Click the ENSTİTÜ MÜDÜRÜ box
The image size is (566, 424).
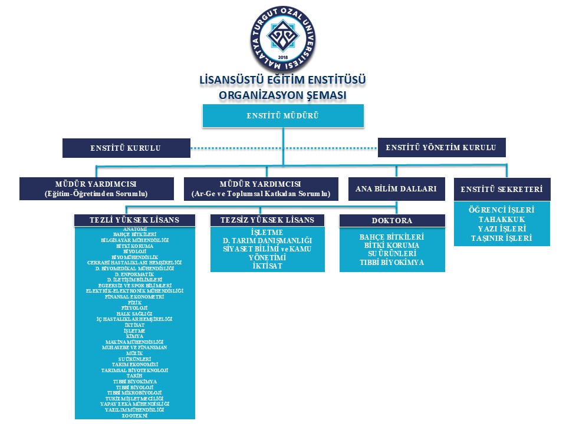click(283, 115)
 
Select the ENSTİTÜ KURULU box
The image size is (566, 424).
click(126, 148)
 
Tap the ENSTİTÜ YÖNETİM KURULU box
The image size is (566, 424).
click(441, 147)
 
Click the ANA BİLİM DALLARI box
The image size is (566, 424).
click(396, 189)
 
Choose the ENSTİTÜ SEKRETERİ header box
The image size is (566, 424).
click(502, 190)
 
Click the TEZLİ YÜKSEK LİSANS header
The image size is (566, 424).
click(134, 220)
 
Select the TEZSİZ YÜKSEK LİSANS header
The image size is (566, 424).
click(267, 220)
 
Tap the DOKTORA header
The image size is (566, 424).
click(391, 220)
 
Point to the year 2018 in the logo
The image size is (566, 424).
click(282, 58)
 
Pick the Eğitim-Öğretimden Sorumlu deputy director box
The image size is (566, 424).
click(97, 188)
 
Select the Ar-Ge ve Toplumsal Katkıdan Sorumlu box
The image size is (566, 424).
click(261, 188)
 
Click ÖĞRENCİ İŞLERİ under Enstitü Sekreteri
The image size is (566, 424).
click(502, 210)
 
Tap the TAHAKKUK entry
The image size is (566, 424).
click(502, 220)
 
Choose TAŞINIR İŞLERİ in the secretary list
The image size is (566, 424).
click(502, 238)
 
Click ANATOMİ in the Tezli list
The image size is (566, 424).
click(134, 228)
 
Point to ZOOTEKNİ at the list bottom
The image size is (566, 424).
click(134, 415)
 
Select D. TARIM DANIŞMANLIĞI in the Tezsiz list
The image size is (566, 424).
click(267, 241)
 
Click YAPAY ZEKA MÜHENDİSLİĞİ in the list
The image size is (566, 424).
click(134, 403)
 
